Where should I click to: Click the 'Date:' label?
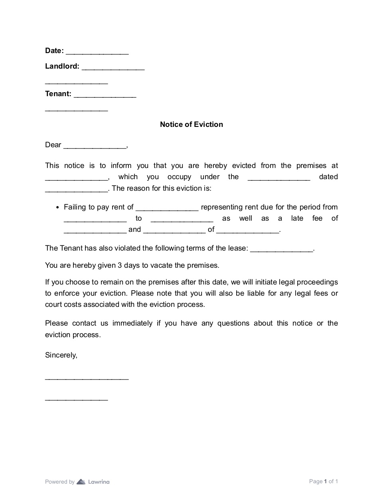tap(54, 51)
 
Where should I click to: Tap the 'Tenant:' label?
tap(58, 94)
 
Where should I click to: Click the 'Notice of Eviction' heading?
tap(191, 124)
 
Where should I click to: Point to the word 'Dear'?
tap(53, 145)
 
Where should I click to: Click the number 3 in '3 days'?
tap(120, 265)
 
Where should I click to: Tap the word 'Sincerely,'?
tap(61, 355)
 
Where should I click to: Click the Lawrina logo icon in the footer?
tap(81, 482)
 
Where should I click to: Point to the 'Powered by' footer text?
tap(60, 482)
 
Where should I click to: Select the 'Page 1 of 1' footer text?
tap(324, 481)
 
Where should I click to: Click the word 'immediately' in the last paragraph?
tap(132, 323)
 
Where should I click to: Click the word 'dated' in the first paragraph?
tap(328, 177)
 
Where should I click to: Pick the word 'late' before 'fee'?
tap(297, 218)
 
